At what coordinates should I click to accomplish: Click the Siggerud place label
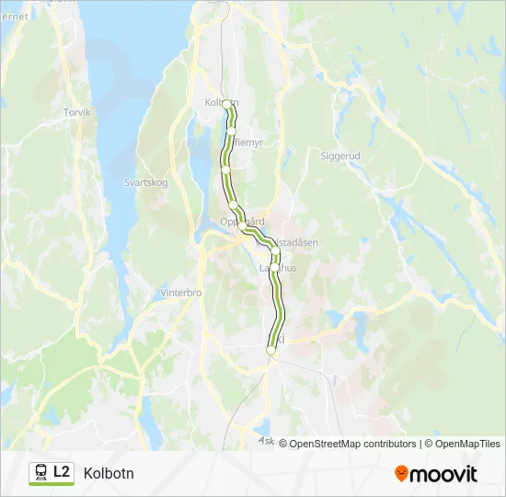click(x=339, y=156)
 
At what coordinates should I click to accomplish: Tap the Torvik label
click(x=78, y=112)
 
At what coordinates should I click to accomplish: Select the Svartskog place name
click(x=146, y=182)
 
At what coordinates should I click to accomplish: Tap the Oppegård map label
click(x=242, y=221)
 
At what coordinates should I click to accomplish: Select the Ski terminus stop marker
click(x=270, y=351)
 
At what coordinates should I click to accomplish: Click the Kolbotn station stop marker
click(x=227, y=104)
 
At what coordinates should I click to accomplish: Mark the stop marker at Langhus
click(x=274, y=267)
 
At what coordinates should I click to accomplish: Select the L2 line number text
click(x=62, y=472)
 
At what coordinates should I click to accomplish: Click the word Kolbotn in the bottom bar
click(x=109, y=473)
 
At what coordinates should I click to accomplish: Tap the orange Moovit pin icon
click(x=401, y=473)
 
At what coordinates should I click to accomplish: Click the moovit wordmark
click(x=443, y=474)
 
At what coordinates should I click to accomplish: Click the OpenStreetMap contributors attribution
click(x=352, y=444)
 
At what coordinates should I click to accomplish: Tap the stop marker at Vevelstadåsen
click(x=274, y=249)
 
